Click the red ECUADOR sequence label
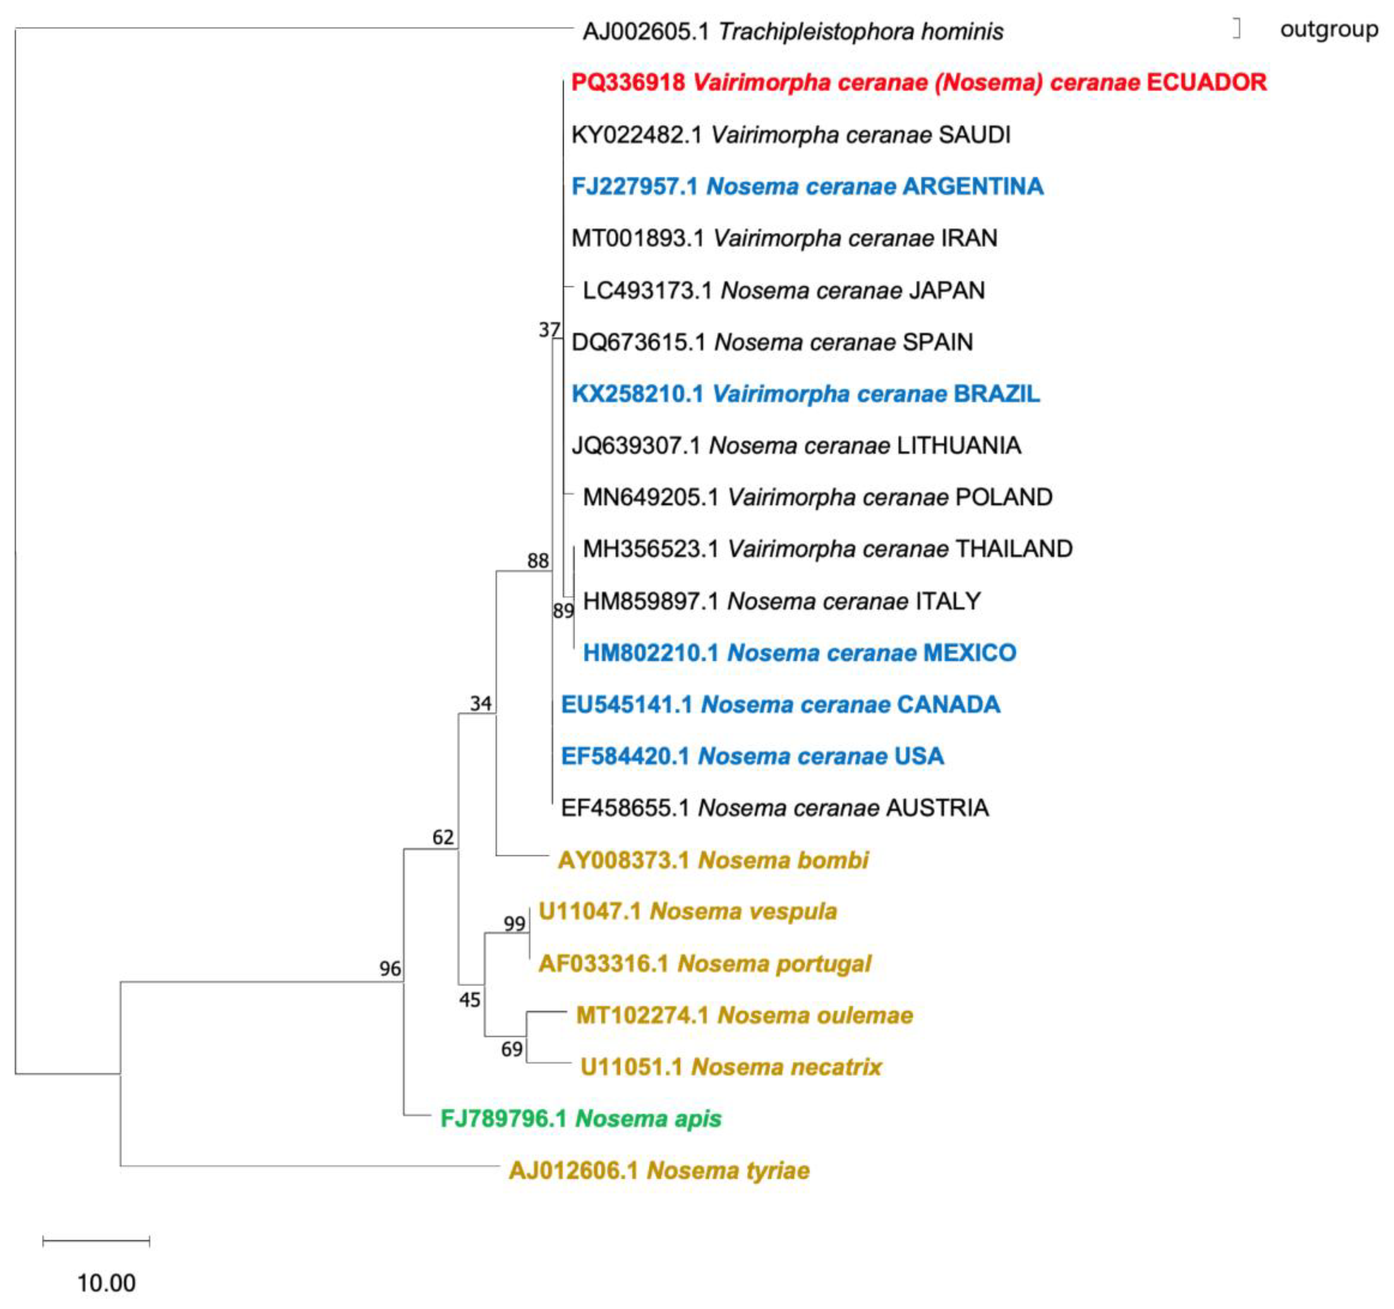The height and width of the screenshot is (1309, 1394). pyautogui.click(x=919, y=83)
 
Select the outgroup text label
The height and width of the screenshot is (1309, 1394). pyautogui.click(x=1329, y=30)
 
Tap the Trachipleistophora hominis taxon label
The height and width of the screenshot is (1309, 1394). pyautogui.click(x=792, y=32)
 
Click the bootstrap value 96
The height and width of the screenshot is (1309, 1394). pyautogui.click(x=390, y=969)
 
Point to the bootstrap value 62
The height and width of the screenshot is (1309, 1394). pyautogui.click(x=442, y=837)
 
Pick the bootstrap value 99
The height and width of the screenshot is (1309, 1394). pyautogui.click(x=514, y=924)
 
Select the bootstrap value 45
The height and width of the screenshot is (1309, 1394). pyautogui.click(x=469, y=1000)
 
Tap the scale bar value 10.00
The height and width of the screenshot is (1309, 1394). pyautogui.click(x=106, y=1283)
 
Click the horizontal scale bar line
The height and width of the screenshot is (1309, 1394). pyautogui.click(x=96, y=1242)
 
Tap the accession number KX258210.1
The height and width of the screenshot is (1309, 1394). pyautogui.click(x=637, y=394)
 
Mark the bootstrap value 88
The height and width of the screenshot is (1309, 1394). pyautogui.click(x=538, y=561)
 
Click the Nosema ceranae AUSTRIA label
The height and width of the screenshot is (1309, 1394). pyautogui.click(x=775, y=808)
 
